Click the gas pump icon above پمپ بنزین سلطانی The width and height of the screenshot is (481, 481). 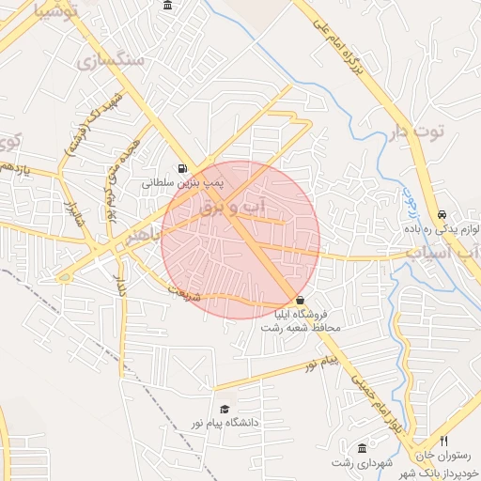(181, 169)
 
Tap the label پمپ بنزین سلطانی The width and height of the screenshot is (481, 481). (181, 184)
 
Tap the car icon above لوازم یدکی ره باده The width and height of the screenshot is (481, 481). (442, 214)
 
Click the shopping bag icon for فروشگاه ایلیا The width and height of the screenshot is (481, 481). (300, 300)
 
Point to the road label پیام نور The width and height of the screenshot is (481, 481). (327, 363)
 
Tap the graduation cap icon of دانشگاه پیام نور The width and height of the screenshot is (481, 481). (225, 410)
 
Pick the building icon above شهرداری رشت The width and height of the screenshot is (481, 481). (363, 447)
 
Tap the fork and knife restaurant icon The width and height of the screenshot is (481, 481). (444, 442)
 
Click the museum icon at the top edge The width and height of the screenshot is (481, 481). (167, 6)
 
